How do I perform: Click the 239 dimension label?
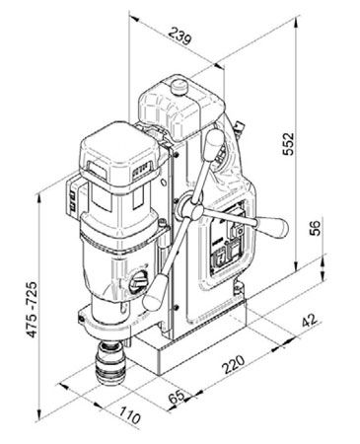click(x=180, y=36)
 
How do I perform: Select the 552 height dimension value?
click(x=288, y=143)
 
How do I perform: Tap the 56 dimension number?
click(x=315, y=228)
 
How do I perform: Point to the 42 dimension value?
click(x=310, y=320)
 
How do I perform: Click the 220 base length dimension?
click(x=234, y=364)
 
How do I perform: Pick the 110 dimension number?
click(x=130, y=415)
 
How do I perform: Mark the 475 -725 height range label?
click(x=33, y=310)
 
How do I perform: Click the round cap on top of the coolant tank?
click(x=179, y=87)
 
